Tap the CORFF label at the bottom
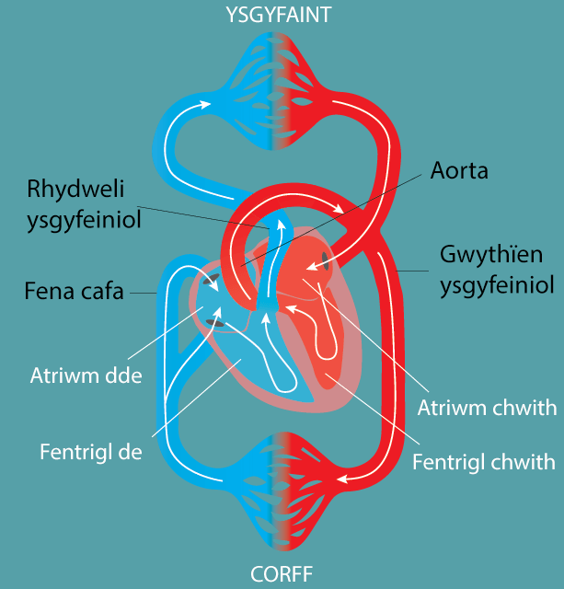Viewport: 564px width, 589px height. coord(282,575)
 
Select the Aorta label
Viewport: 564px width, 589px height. coord(458,171)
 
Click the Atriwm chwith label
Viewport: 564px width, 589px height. coord(487,407)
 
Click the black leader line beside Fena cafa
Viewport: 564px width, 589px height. coord(144,294)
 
